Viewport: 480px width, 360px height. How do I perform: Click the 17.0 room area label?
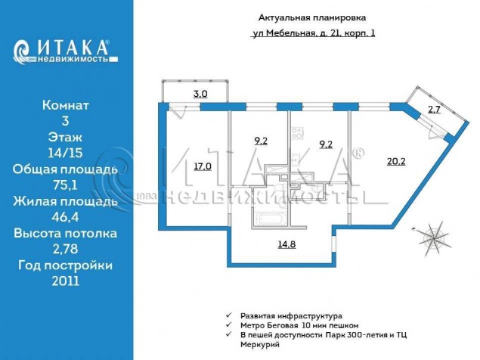203,166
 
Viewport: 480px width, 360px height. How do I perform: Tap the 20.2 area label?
396,161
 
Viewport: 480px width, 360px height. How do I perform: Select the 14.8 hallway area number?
286,244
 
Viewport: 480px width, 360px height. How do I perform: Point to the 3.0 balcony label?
200,94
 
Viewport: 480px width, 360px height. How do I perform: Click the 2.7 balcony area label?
434,110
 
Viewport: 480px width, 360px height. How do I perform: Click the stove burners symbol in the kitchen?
296,133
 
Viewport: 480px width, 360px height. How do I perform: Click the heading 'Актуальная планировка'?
312,17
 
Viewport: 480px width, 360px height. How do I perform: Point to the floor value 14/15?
65,153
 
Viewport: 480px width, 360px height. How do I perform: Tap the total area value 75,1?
65,185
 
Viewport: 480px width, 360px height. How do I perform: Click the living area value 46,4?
65,217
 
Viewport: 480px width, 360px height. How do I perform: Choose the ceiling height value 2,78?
65,249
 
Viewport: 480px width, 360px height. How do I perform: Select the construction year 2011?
66,281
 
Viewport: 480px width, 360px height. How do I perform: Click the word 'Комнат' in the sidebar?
66,105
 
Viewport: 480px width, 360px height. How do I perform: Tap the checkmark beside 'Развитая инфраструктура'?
228,315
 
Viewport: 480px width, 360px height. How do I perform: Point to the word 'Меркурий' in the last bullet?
260,345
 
